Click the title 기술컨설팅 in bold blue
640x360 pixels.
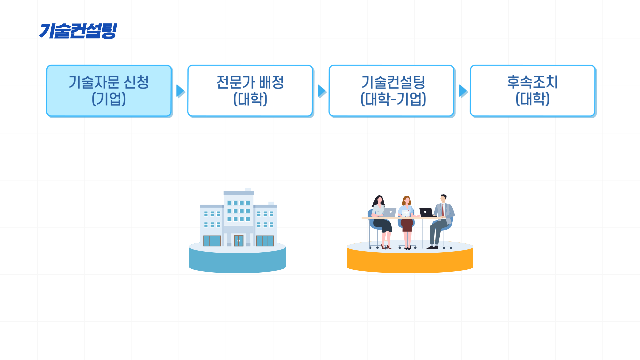click(x=78, y=31)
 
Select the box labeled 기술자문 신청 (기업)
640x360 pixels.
click(x=109, y=91)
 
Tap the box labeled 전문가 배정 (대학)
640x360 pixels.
click(x=250, y=91)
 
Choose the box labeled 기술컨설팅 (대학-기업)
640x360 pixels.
click(x=391, y=91)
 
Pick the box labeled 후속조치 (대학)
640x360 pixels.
click(x=532, y=91)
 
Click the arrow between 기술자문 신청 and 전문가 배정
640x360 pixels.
click(x=180, y=91)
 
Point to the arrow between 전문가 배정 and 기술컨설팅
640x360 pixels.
click(x=321, y=91)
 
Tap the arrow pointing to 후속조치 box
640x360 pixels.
click(x=463, y=91)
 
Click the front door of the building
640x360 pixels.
click(x=238, y=240)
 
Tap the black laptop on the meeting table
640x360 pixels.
click(x=426, y=212)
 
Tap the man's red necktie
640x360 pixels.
click(x=443, y=210)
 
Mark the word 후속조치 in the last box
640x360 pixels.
click(x=532, y=82)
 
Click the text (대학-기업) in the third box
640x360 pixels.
click(x=393, y=99)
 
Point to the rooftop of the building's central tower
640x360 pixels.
click(x=238, y=193)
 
